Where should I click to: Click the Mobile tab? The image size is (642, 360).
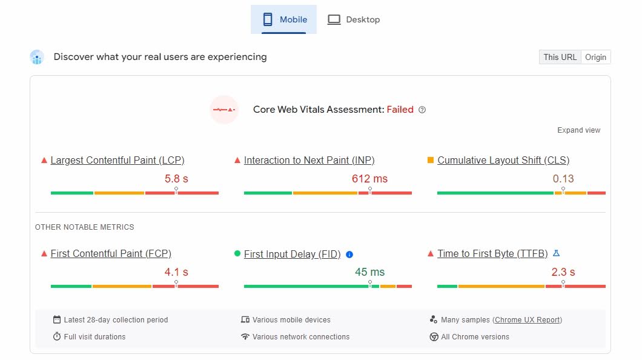(283, 19)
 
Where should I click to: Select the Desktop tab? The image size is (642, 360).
(354, 19)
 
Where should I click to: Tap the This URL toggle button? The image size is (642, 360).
(560, 57)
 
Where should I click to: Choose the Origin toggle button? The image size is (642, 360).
(595, 57)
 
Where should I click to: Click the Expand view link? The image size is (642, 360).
(578, 130)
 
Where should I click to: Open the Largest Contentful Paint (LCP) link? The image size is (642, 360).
(117, 160)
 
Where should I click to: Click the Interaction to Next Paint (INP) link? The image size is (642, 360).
(309, 160)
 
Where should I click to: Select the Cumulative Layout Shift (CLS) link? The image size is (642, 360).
(503, 160)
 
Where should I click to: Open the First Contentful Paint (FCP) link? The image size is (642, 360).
(111, 253)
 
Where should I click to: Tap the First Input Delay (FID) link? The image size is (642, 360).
(292, 254)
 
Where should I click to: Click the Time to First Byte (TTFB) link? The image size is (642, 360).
(492, 253)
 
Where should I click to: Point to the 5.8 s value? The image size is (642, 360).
(176, 179)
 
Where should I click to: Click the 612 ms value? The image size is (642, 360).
(369, 179)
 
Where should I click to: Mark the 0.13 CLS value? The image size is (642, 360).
(563, 179)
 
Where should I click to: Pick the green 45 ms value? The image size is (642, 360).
(369, 272)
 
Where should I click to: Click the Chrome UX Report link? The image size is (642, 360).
(528, 320)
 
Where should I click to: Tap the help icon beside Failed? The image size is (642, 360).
(422, 110)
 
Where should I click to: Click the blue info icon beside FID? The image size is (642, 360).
(349, 255)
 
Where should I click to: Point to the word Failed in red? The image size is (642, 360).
(400, 110)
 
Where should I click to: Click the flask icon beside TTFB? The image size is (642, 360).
(557, 253)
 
